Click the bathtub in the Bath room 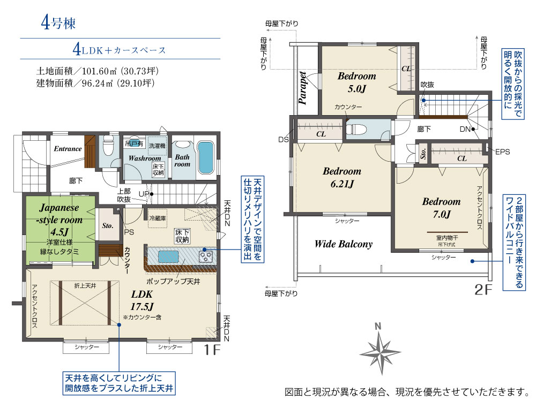pos(205,157)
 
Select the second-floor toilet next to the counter pos(356,130)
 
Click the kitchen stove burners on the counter pos(206,256)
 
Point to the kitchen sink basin pos(168,256)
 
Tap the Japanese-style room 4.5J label pos(59,220)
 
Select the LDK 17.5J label pos(142,300)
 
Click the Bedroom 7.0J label pos(441,208)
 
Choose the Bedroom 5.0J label pos(357,82)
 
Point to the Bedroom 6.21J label pos(342,177)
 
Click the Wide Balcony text pos(344,244)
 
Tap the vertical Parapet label pos(302,88)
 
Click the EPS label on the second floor pos(503,152)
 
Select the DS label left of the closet pos(283,139)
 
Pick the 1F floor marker pos(212,350)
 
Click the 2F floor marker pos(483,290)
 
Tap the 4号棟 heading pos(58,23)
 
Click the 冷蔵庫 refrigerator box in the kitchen pos(158,218)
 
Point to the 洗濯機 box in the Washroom pos(157,146)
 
